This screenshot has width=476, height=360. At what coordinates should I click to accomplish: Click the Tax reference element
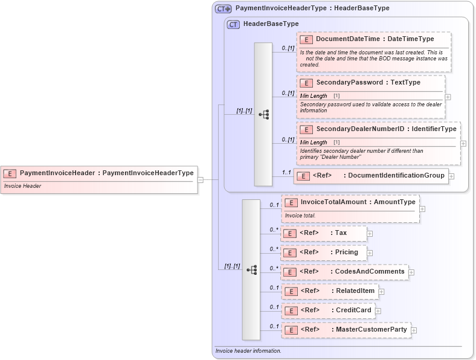pyautogui.click(x=323, y=233)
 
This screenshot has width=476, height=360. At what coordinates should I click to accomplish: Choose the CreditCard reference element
pyautogui.click(x=328, y=310)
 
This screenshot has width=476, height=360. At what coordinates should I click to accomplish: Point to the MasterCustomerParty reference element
pyautogui.click(x=346, y=330)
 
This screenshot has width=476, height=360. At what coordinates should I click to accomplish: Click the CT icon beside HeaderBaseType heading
pyautogui.click(x=233, y=24)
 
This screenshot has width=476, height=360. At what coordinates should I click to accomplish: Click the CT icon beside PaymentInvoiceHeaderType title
pyautogui.click(x=224, y=9)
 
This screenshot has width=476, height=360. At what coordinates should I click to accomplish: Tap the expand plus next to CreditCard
pyautogui.click(x=378, y=311)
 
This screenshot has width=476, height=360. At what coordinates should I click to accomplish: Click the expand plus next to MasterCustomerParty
pyautogui.click(x=414, y=330)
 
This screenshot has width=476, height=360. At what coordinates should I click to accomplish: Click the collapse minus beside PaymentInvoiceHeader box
pyautogui.click(x=201, y=179)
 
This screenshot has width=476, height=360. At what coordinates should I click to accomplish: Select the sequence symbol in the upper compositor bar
pyautogui.click(x=263, y=114)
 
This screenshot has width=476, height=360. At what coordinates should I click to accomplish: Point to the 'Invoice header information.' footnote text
pyautogui.click(x=248, y=351)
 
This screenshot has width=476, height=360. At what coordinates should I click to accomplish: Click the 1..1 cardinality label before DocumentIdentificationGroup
pyautogui.click(x=287, y=173)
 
